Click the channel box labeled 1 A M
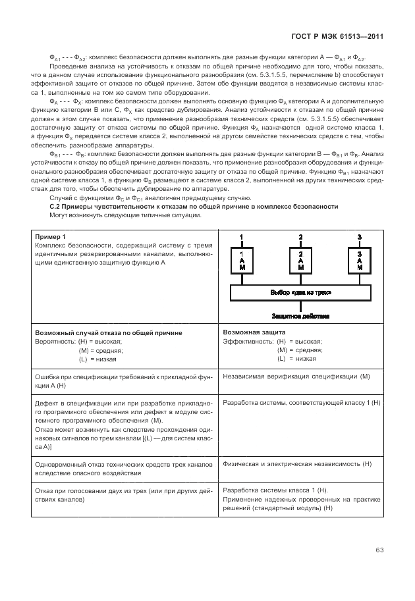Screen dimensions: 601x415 coord(242,260)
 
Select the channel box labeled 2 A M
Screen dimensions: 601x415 coord(300,260)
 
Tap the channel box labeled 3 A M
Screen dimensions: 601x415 coord(359,260)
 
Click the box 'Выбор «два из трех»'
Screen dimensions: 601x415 coord(301,292)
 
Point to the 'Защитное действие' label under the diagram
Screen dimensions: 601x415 coord(301,316)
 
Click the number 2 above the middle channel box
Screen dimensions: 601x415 coord(300,237)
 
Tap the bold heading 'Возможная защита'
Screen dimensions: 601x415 coord(254,333)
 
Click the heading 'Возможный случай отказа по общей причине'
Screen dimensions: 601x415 coord(108,333)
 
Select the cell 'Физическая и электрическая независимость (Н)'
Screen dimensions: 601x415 coord(298,463)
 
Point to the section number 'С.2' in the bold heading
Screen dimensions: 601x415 coord(56,206)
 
